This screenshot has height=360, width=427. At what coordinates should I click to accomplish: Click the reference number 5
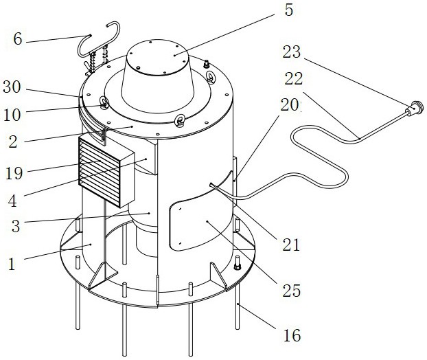click(x=288, y=10)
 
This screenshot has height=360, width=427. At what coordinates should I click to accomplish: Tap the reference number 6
click(x=17, y=38)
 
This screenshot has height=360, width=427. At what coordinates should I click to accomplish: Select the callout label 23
click(x=291, y=52)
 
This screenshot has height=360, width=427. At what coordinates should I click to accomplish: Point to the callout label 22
click(x=294, y=78)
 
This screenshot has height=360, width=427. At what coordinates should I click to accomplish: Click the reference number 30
click(x=12, y=87)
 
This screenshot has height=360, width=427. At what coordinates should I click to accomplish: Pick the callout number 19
click(x=14, y=173)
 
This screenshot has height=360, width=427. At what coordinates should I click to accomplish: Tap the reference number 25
click(x=291, y=291)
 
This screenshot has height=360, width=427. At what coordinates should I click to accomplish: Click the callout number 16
click(x=292, y=335)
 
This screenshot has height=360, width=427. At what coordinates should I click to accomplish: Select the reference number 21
click(x=291, y=245)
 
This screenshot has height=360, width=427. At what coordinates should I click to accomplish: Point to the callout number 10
click(x=12, y=115)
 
